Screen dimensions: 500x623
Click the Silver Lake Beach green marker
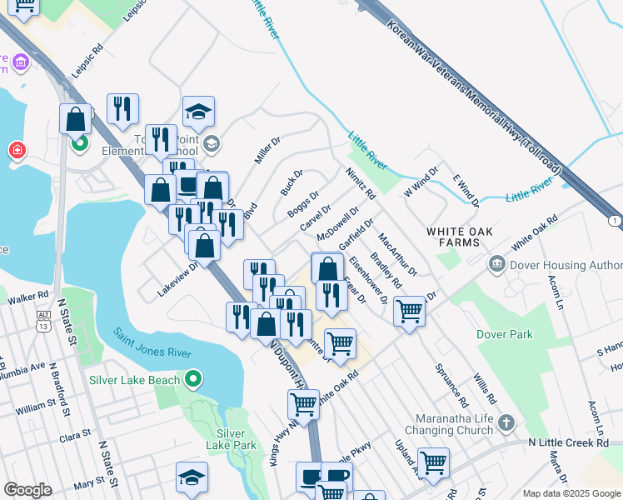(193, 380)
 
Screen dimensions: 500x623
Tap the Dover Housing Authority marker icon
(498, 265)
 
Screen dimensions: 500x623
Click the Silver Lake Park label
(230, 439)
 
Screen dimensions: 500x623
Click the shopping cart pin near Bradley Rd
(409, 311)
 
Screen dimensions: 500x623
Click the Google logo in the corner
(27, 490)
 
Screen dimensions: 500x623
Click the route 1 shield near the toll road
(615, 220)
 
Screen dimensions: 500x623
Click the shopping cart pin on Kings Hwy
(303, 405)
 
